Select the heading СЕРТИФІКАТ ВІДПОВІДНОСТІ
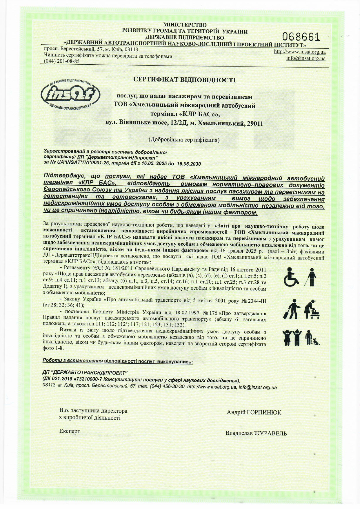click(184, 80)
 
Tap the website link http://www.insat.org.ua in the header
click(300, 52)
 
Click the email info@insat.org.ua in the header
click(306, 58)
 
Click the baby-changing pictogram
click(312, 308)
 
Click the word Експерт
click(69, 431)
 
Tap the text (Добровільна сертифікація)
click(184, 140)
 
